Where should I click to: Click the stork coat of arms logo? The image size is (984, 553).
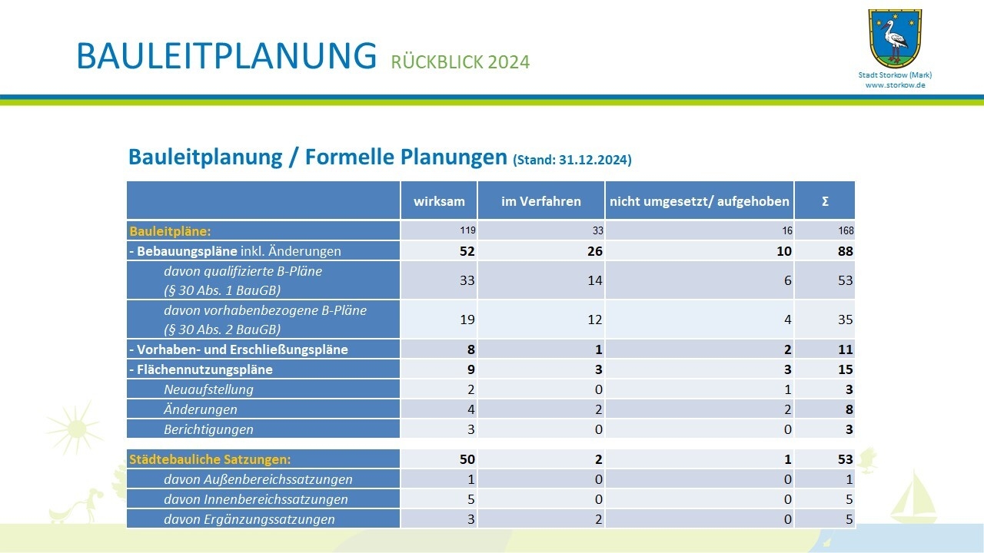[895, 38]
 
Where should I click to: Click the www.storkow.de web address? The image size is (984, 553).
[896, 85]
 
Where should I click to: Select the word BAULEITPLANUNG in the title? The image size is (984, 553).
[227, 56]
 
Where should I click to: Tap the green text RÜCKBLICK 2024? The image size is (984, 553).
[460, 62]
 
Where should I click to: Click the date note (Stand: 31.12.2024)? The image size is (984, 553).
[572, 160]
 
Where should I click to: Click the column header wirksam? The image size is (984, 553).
[439, 201]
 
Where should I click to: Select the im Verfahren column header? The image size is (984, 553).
[540, 201]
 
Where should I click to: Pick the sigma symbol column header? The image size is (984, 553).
[825, 201]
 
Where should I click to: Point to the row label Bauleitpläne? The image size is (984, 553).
[170, 231]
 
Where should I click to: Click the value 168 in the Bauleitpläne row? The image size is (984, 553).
[846, 231]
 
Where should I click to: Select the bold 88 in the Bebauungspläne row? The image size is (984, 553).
[845, 251]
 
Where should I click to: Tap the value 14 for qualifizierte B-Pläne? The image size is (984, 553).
[594, 280]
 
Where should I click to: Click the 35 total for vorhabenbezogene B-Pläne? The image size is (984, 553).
[845, 320]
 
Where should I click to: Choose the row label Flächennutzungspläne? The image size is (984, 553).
[201, 369]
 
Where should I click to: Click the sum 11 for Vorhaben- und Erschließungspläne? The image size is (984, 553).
[845, 349]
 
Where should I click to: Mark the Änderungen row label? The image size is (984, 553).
[201, 409]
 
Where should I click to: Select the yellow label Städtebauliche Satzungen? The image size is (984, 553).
[210, 459]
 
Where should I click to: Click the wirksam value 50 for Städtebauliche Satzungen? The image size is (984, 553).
[467, 459]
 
